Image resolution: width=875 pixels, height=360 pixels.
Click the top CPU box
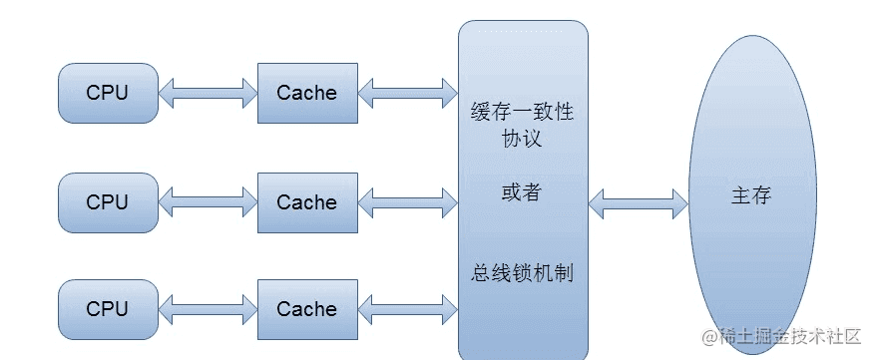(108, 94)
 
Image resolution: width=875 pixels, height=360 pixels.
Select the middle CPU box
(108, 202)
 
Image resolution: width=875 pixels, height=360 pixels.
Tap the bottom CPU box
(108, 309)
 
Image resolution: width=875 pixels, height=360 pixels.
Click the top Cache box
(306, 94)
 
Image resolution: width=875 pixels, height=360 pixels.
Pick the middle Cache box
(306, 202)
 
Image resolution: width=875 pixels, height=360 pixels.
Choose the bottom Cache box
(306, 309)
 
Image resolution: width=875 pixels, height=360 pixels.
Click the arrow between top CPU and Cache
(208, 94)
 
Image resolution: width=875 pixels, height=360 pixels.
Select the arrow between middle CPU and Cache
(208, 203)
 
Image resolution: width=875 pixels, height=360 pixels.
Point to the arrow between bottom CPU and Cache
(208, 310)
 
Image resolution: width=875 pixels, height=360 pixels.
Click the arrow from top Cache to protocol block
(407, 94)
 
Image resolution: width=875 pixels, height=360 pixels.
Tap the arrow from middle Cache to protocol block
(407, 203)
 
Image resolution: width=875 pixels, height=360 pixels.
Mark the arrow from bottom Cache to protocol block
(407, 310)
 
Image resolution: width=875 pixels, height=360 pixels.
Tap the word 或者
(522, 192)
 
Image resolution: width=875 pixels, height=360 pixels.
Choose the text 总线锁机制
(522, 272)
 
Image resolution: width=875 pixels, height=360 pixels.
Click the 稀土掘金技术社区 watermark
(783, 338)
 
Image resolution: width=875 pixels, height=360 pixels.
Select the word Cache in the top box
(306, 94)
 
